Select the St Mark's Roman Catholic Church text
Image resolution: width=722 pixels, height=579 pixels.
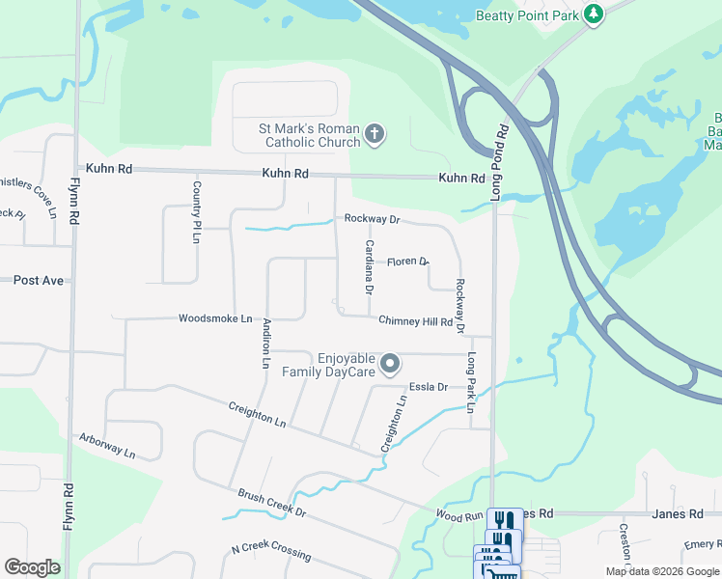pyautogui.click(x=308, y=135)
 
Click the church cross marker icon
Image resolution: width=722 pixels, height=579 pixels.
pyautogui.click(x=375, y=135)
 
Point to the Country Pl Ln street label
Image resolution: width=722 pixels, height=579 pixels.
pyautogui.click(x=196, y=211)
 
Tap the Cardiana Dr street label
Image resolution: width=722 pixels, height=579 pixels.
pyautogui.click(x=369, y=266)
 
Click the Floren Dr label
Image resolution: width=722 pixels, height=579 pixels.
pyautogui.click(x=407, y=262)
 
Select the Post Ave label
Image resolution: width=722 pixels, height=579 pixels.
pyautogui.click(x=39, y=280)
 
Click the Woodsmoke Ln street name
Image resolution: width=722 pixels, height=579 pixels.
pyautogui.click(x=215, y=318)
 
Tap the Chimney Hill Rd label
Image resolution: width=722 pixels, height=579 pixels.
pyautogui.click(x=415, y=321)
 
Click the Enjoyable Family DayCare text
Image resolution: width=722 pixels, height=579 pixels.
pyautogui.click(x=327, y=364)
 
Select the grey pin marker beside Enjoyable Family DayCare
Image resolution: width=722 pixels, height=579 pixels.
pyautogui.click(x=391, y=364)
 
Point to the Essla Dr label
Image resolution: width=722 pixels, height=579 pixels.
pyautogui.click(x=429, y=387)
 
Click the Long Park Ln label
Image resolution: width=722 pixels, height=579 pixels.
pyautogui.click(x=471, y=383)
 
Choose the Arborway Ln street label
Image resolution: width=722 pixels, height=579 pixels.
pyautogui.click(x=107, y=446)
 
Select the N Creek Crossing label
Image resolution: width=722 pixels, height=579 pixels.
pyautogui.click(x=271, y=553)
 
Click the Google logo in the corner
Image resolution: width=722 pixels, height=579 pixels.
pyautogui.click(x=32, y=566)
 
